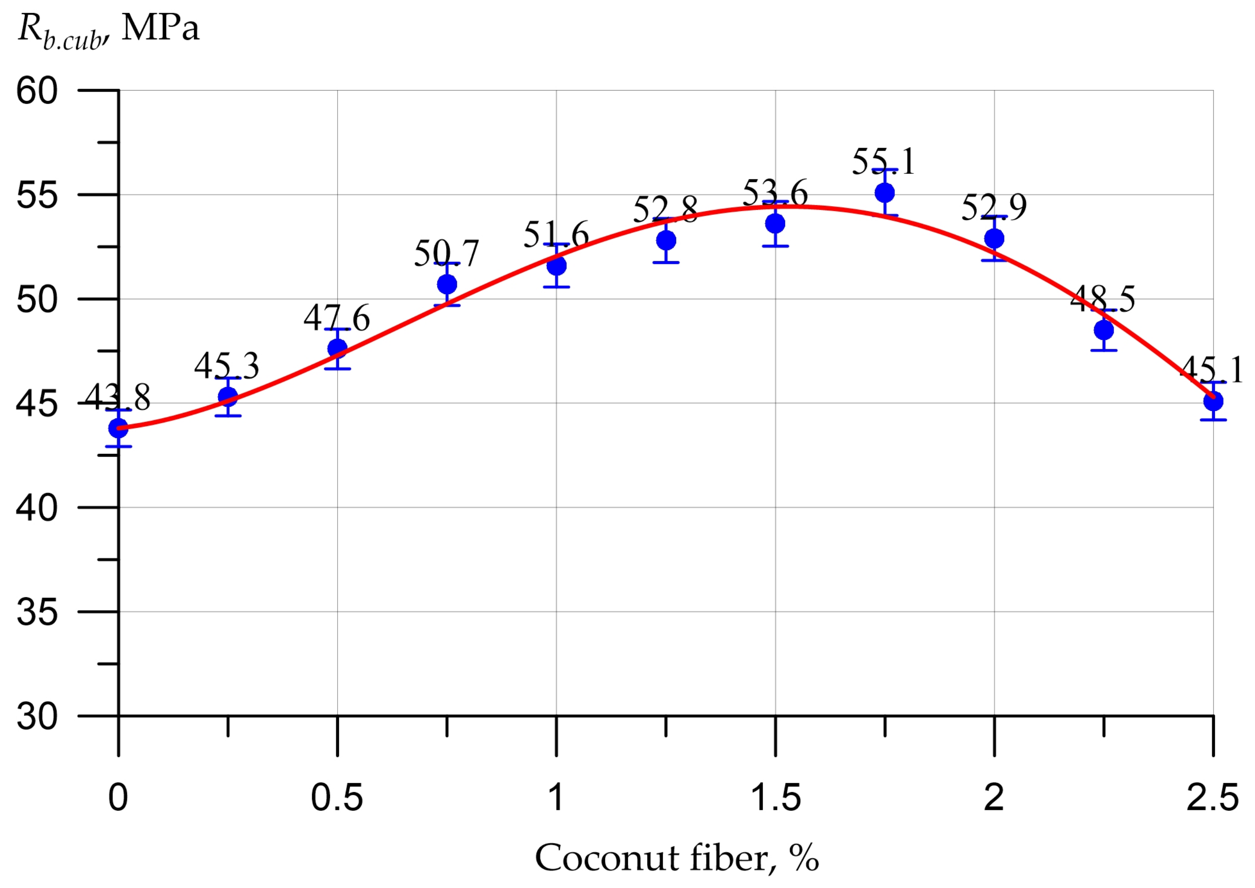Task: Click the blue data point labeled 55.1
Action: click(x=885, y=192)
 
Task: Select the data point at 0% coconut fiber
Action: click(x=119, y=428)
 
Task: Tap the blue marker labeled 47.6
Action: click(x=337, y=349)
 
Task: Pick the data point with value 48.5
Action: click(x=1104, y=330)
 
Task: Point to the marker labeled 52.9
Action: click(x=994, y=238)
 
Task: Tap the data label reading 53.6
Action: click(x=775, y=193)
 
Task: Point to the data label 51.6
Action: click(x=556, y=235)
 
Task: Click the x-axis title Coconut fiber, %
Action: click(x=677, y=858)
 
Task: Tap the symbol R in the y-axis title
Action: click(x=28, y=27)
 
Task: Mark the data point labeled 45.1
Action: click(x=1213, y=401)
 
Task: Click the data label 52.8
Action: click(x=665, y=210)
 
